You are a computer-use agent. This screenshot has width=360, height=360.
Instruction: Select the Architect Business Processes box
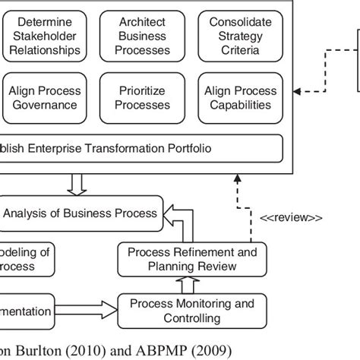pos(142,36)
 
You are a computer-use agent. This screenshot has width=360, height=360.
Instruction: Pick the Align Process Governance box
pos(44,98)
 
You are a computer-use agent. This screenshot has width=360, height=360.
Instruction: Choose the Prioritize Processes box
pos(142,98)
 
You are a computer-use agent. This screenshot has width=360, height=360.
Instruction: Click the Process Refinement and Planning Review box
pos(192,259)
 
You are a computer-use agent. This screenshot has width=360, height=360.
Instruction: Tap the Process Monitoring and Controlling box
pos(192,311)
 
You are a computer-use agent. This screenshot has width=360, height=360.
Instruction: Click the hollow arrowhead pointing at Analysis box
pos(171,213)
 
